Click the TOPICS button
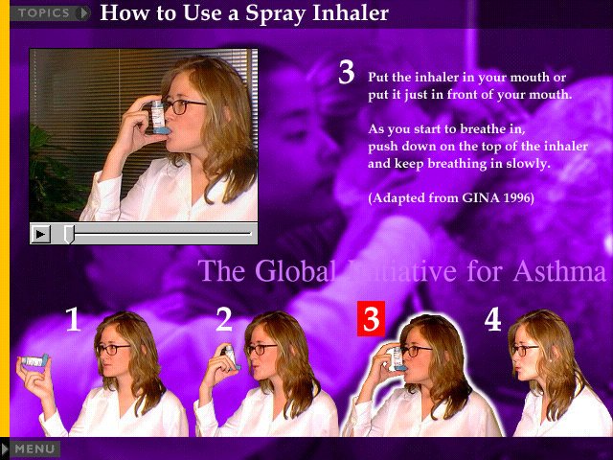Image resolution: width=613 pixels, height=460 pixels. (x=50, y=12)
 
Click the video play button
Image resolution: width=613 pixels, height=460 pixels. (x=40, y=234)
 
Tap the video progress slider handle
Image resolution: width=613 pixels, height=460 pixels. (x=69, y=234)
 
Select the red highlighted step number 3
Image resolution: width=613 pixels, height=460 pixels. (x=371, y=318)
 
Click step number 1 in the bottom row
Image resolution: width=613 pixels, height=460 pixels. (x=74, y=319)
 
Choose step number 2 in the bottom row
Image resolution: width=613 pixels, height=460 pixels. (x=224, y=319)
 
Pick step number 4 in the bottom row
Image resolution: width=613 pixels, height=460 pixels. (x=492, y=319)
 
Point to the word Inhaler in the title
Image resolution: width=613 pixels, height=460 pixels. (x=351, y=12)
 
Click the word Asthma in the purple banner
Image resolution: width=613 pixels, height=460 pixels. (x=559, y=270)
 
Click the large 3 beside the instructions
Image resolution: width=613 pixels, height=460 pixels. (x=347, y=73)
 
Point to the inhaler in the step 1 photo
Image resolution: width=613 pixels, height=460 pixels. (x=34, y=360)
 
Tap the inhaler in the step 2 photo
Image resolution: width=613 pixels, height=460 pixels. (x=232, y=357)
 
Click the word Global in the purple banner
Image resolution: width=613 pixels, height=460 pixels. (x=295, y=270)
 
